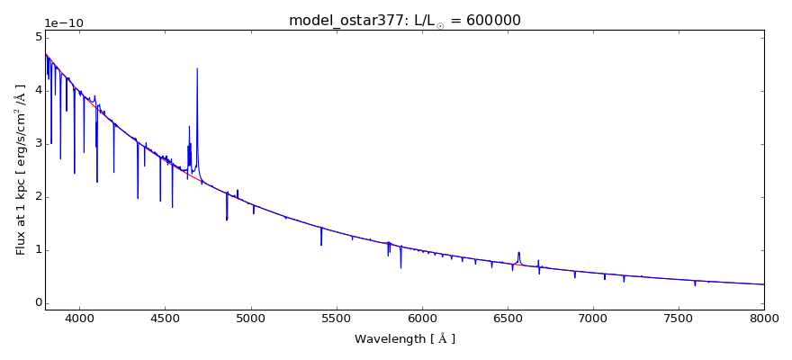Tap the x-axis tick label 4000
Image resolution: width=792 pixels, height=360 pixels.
coord(79,318)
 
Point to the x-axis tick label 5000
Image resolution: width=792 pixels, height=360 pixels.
coord(250,318)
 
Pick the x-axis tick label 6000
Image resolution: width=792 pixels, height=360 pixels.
coord(421,318)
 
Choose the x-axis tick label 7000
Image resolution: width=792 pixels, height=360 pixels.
coord(593,318)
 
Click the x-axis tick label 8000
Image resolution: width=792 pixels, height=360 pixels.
coord(763,318)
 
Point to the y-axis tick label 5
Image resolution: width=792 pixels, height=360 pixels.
coord(38,37)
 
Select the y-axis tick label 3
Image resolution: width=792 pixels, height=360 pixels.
coord(38,143)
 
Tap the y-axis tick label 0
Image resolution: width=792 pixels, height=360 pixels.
coord(38,303)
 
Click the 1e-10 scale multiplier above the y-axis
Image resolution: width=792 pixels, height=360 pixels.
coord(61,22)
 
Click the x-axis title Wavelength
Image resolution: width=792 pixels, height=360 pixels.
coord(404,339)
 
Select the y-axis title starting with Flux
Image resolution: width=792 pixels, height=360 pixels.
coord(21,170)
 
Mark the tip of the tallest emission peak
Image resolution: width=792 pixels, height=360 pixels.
coord(197,68)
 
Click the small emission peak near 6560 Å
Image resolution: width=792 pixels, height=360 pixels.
coord(518,252)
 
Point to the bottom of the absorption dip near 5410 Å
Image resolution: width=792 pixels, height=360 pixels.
coord(321,245)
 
